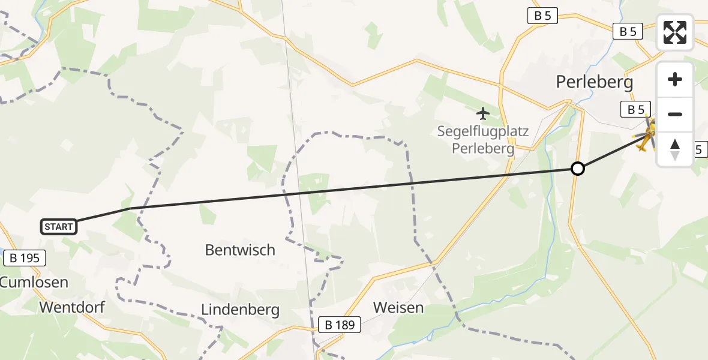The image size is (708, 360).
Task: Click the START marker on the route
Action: coord(59,226)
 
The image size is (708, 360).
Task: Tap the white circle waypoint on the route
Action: coord(577,169)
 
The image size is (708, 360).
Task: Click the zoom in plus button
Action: coord(675,79)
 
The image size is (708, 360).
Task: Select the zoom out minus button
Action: coord(675,114)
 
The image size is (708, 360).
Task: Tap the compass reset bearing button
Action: coord(675,149)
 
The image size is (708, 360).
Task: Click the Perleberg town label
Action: coord(594,82)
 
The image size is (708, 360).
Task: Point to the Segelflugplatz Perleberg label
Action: coord(483,139)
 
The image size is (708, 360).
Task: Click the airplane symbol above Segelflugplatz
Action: coord(482,112)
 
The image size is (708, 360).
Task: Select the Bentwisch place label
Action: coord(240,250)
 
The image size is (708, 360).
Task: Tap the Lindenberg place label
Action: coord(240,310)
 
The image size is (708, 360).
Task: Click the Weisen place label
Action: coord(398,308)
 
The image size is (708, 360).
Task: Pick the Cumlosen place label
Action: coord(34,282)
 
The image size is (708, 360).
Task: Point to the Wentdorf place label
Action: coord(72,308)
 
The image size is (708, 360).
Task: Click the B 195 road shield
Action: coord(25,259)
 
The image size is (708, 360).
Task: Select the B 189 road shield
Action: coord(340,325)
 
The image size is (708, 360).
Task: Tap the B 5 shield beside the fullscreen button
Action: coord(628,32)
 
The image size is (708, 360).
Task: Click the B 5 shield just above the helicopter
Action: coord(635,109)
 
